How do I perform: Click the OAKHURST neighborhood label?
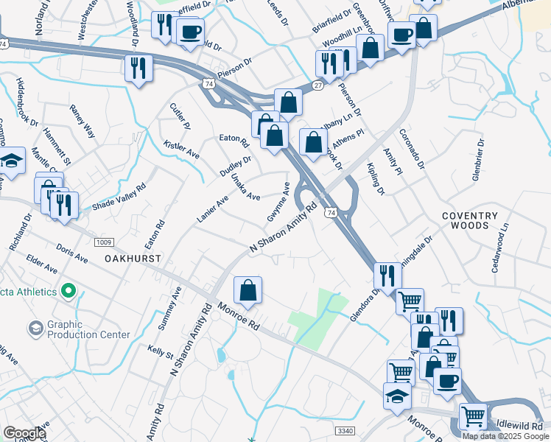pos(133,259)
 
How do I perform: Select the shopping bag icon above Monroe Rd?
pos(249,290)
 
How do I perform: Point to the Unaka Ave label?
pos(245,188)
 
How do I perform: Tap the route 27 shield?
pos(317,85)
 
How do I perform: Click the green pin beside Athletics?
pos(69,292)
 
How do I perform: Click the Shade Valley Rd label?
pos(119,195)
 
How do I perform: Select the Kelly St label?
pos(159,350)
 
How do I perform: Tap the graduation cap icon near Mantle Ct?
pos(11,162)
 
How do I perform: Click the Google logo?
pos(24,433)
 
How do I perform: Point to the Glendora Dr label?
pos(365,304)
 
